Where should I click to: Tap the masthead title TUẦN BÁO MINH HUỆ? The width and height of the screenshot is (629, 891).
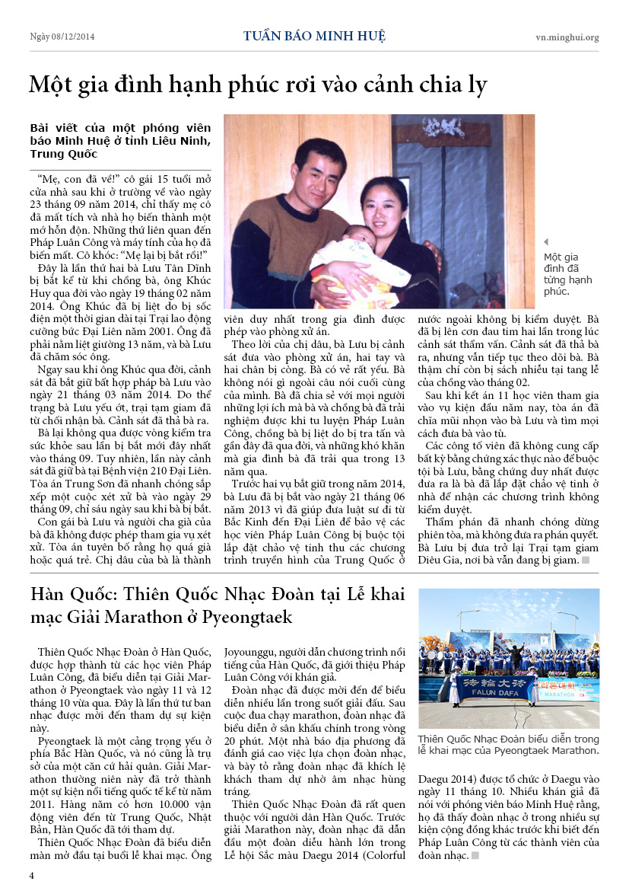point(314,36)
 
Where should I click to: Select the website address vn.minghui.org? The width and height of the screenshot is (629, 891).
point(567,37)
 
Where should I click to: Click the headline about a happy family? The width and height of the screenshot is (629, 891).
point(257,84)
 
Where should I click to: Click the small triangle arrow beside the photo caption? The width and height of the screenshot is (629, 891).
point(546,242)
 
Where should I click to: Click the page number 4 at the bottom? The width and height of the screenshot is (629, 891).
point(32,875)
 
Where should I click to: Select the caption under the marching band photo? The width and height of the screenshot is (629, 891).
point(508,744)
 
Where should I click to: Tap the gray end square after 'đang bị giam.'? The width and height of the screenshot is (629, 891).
point(586,560)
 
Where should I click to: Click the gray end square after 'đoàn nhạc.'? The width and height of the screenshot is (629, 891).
point(475,855)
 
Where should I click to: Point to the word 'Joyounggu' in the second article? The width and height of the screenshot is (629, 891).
point(250,652)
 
